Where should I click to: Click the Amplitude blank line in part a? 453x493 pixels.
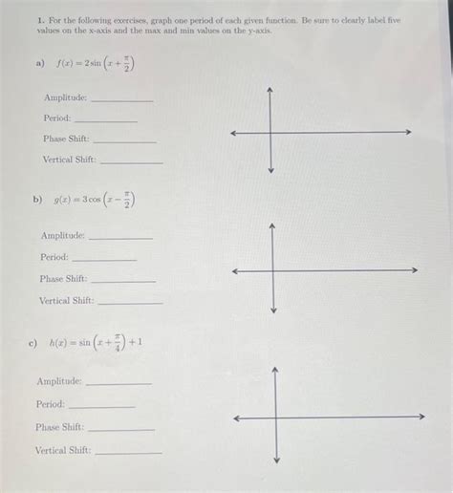(x=120, y=100)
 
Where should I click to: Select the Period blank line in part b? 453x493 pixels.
(x=104, y=260)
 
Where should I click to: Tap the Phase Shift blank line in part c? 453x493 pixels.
(x=121, y=430)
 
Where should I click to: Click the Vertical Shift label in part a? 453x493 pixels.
(x=69, y=160)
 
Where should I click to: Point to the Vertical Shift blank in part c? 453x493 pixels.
(x=128, y=453)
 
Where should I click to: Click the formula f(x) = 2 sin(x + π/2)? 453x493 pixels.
(x=95, y=64)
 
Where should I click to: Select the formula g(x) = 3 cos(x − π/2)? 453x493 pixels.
(x=95, y=201)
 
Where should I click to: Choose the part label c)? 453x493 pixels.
(x=33, y=342)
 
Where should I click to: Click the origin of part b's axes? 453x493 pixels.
(x=273, y=270)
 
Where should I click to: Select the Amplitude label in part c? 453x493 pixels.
(x=59, y=381)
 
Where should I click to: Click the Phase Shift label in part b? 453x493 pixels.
(x=63, y=279)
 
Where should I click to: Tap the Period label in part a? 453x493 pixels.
(x=56, y=118)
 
